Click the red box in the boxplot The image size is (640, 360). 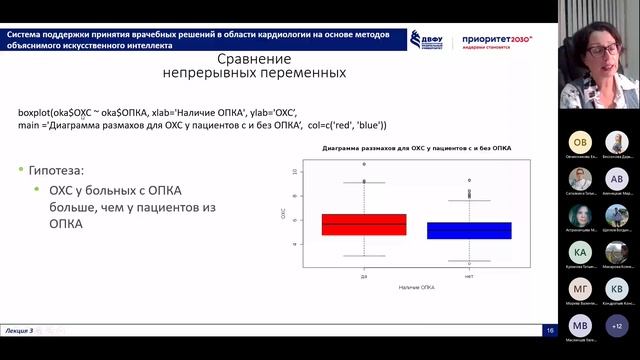pos(364,224)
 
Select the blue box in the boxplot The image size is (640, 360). pos(469,230)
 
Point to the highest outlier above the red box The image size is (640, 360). pos(364,163)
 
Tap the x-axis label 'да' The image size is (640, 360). pos(364,276)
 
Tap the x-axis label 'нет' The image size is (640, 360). pos(469,276)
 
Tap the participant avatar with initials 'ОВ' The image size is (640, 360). pos(580,142)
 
